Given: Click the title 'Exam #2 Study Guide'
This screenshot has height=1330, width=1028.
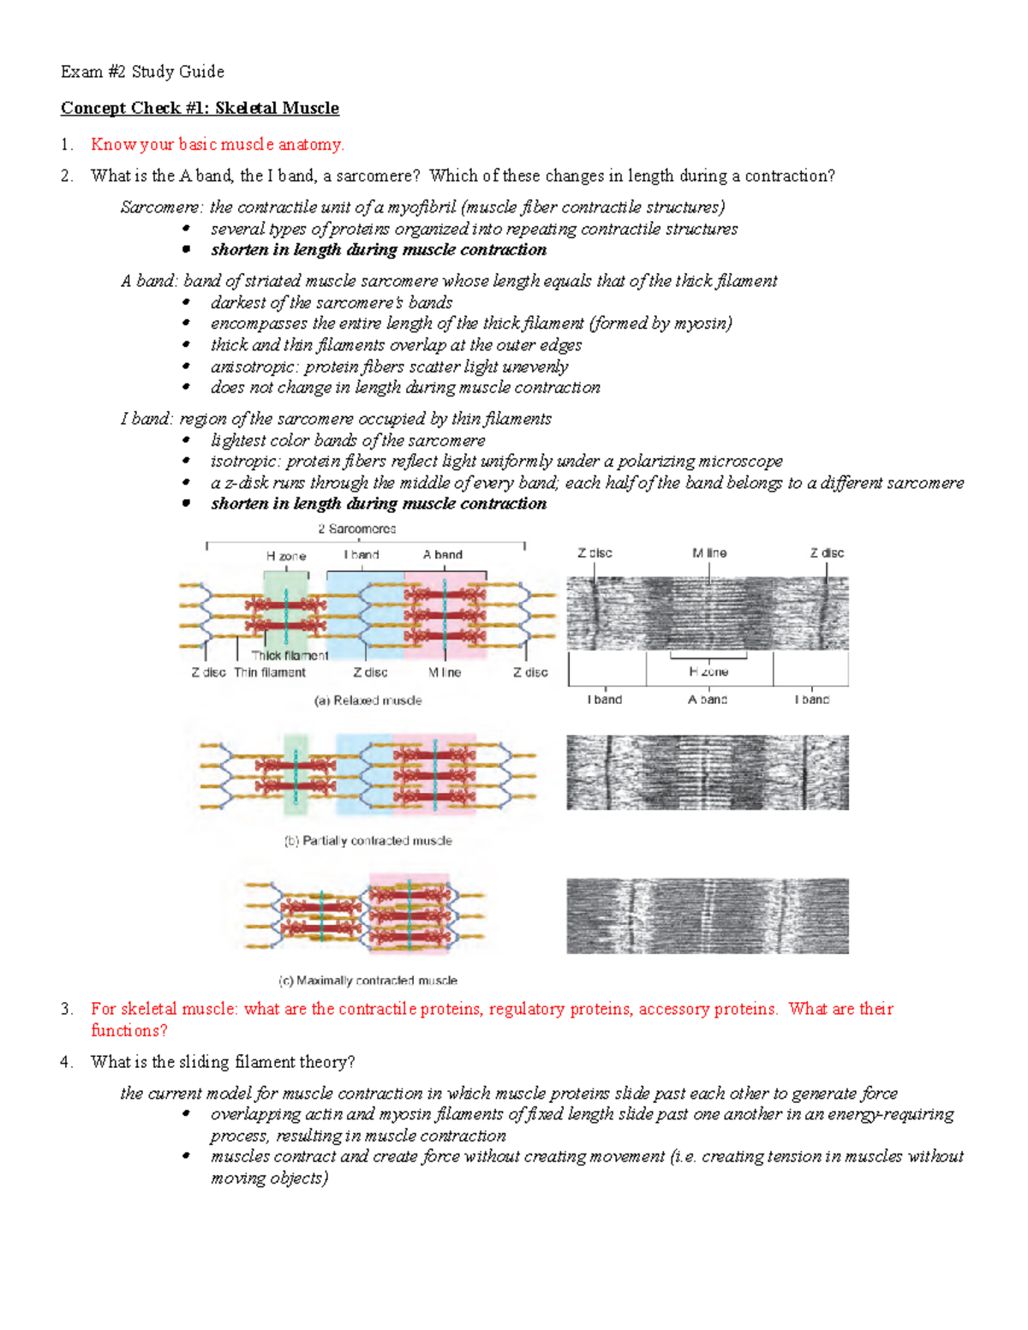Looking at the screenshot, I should point(142,72).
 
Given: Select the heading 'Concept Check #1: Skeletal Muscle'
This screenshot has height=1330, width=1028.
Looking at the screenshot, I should point(200,108).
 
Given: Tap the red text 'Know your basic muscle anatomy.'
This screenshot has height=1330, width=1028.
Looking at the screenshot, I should point(218,145).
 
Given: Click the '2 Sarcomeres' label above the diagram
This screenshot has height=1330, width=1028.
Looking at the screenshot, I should point(356,529).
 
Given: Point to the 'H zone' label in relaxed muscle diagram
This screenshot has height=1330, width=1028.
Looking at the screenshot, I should point(286,556).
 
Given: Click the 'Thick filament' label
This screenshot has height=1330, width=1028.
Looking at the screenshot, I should point(290,655).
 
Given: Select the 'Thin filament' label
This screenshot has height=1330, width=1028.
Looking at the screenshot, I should point(270,672).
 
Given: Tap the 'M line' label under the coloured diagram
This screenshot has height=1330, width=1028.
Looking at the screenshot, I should point(445,672).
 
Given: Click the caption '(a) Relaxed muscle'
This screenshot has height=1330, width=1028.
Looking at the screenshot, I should point(368,701).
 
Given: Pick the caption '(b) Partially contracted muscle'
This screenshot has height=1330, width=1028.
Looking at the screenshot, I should point(368,841).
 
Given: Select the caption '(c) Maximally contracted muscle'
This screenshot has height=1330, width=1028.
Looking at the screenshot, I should point(368,981).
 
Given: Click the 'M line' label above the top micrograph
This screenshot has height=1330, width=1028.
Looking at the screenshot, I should point(709,553).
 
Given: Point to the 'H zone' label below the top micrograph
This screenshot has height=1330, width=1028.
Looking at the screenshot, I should point(708,671).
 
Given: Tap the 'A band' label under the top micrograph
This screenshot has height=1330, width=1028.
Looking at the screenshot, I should point(708,700).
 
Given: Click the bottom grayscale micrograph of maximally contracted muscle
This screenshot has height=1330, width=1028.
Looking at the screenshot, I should point(708,915).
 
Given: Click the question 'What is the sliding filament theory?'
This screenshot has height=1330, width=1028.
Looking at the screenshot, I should point(223,1062).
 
